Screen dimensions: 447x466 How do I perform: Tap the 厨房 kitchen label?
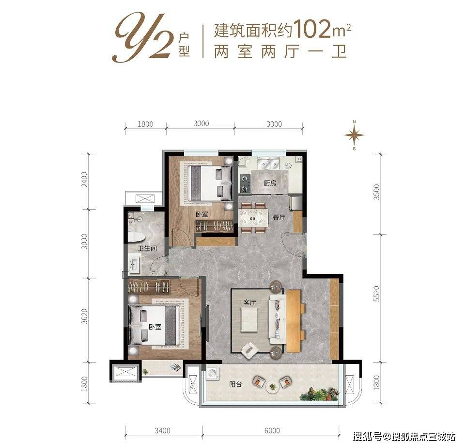[270, 183]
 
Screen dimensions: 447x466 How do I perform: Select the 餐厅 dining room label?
[279, 217]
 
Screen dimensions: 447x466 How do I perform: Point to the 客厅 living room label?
[249, 302]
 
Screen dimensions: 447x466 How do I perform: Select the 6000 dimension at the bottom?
[273, 430]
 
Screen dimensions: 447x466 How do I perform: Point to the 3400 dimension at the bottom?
[164, 430]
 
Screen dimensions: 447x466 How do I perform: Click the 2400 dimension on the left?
[86, 181]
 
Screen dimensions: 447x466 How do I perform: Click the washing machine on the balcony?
[212, 374]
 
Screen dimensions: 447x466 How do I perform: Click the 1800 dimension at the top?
[145, 124]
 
